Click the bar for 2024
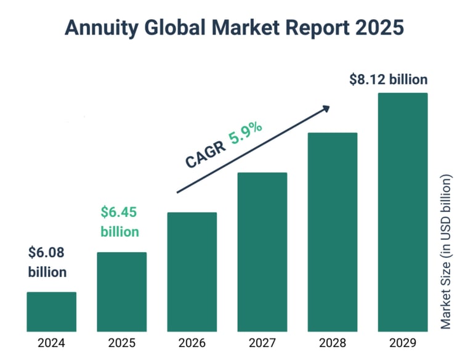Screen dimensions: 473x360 [x=52, y=312]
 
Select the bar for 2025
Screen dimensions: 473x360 [x=122, y=292]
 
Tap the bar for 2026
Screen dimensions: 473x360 [x=192, y=272]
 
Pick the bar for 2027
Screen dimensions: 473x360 [x=262, y=252]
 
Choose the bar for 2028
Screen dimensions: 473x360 [x=333, y=232]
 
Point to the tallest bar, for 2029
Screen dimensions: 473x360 [x=403, y=212]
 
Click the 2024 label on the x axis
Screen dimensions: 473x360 [x=51, y=343]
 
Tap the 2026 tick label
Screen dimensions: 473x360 [x=192, y=343]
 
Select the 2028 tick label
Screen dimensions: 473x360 [x=333, y=343]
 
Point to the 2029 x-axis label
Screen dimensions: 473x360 [x=403, y=343]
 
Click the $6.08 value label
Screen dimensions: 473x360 [x=46, y=253]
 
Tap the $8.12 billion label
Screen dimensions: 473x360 [x=389, y=80]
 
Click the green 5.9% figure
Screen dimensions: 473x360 [x=245, y=134]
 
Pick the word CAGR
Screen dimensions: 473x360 [x=206, y=155]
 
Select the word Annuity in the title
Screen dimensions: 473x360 [x=102, y=28]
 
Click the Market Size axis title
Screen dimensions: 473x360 [x=446, y=252]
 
